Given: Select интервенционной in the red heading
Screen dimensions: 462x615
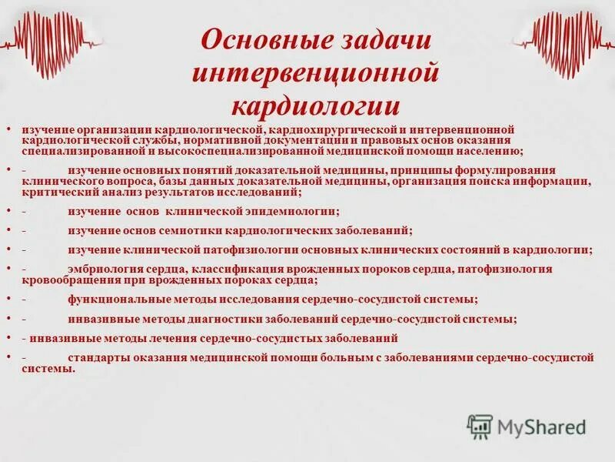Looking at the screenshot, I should pos(315,73).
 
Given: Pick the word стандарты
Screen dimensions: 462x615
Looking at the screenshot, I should pos(98,358).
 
